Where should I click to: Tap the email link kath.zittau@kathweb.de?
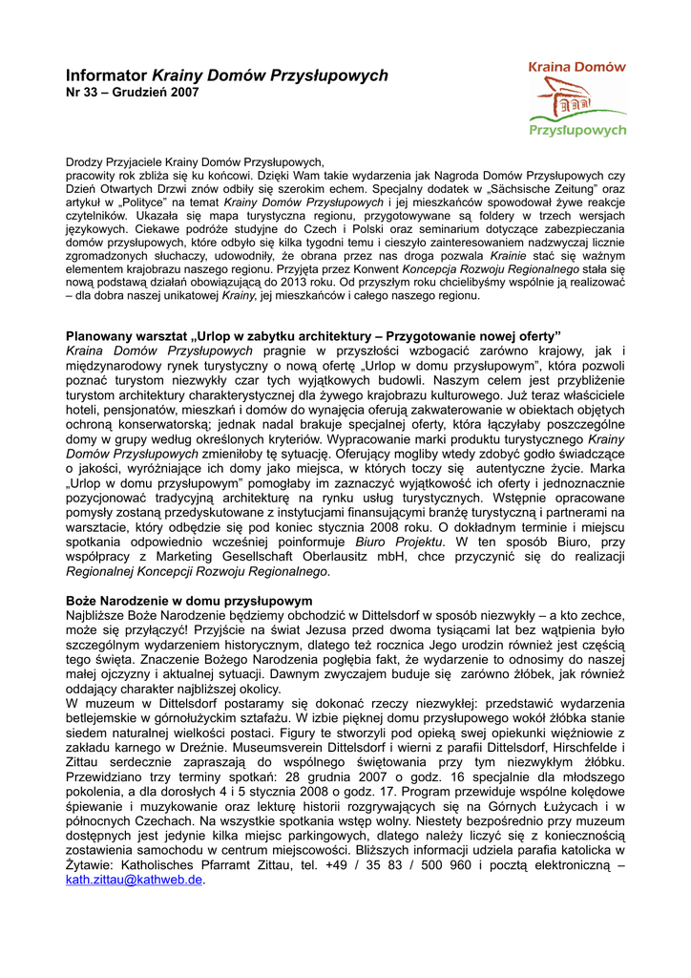click(135, 880)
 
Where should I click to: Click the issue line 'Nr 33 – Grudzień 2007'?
click(133, 93)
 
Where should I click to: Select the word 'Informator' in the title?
click(107, 75)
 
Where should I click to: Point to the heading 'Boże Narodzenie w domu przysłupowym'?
click(189, 601)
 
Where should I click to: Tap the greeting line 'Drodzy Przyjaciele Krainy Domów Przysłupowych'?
click(197, 163)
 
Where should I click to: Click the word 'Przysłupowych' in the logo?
click(577, 129)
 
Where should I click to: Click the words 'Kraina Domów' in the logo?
click(577, 67)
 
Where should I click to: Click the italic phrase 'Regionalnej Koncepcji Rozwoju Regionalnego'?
click(197, 572)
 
